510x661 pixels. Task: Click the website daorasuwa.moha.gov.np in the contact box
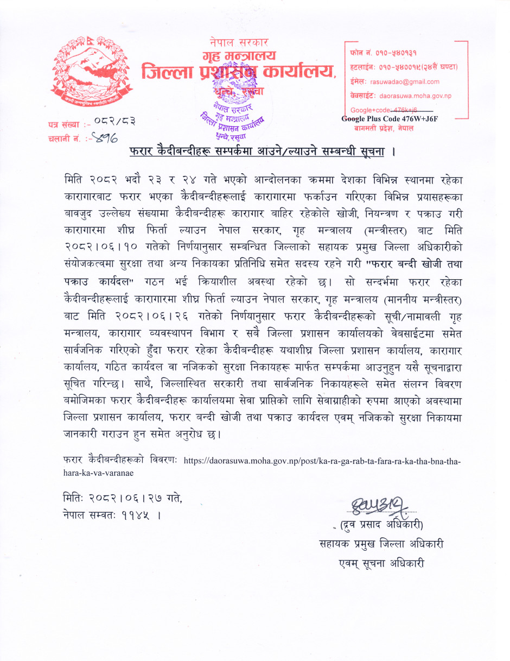pyautogui.click(x=415, y=96)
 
